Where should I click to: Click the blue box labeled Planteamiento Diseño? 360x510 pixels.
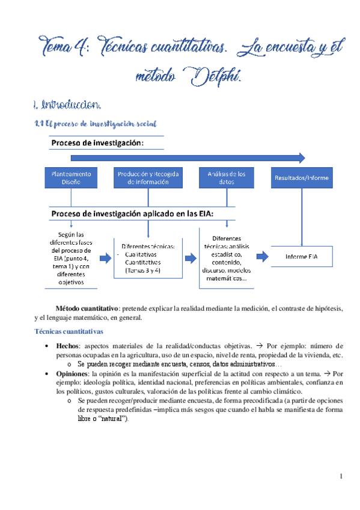click(x=71, y=178)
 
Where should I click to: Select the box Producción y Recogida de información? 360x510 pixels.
click(x=147, y=178)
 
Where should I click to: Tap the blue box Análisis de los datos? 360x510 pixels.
click(x=226, y=178)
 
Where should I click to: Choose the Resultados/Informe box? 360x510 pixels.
click(x=302, y=178)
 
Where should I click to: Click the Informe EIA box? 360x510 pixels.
click(x=302, y=256)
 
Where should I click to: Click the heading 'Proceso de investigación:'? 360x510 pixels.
click(x=97, y=143)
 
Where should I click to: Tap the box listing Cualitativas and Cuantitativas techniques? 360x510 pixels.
click(x=147, y=258)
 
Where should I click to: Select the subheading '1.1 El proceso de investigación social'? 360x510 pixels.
click(x=96, y=123)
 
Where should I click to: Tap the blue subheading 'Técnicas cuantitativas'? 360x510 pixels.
click(x=69, y=331)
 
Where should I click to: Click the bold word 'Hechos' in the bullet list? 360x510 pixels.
click(x=67, y=346)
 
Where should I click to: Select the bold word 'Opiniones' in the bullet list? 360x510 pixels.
click(x=73, y=373)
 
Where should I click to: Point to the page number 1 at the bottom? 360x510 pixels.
click(x=340, y=477)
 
